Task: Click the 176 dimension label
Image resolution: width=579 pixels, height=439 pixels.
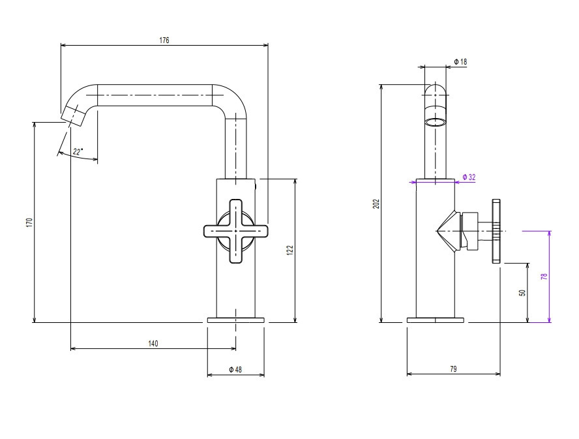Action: (x=164, y=40)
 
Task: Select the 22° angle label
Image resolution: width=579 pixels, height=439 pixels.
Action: (x=78, y=151)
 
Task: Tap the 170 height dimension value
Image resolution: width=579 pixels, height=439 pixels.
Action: (x=29, y=222)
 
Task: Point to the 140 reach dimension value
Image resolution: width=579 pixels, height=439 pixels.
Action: (x=153, y=344)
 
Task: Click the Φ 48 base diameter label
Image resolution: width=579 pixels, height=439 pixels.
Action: (x=235, y=369)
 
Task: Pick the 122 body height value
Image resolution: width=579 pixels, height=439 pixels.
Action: (x=290, y=250)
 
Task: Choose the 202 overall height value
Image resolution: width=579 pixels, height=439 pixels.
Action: (x=376, y=204)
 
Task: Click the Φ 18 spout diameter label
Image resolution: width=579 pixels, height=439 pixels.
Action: (x=460, y=62)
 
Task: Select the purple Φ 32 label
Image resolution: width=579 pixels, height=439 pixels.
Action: (x=469, y=177)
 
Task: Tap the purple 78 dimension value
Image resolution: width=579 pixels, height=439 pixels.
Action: (x=544, y=277)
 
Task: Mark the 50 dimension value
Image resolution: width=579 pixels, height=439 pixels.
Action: (x=522, y=293)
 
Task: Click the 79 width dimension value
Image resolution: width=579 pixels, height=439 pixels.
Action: (x=453, y=369)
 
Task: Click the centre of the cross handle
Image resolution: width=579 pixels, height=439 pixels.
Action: (x=235, y=232)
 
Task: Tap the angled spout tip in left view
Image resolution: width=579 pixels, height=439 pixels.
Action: (x=73, y=115)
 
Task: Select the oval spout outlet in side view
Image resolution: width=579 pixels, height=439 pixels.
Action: (x=436, y=123)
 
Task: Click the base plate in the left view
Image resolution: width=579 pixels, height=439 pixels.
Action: (x=236, y=320)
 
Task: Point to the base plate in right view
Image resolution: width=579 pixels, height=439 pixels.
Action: (x=436, y=320)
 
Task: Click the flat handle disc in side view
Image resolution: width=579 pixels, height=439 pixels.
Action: (x=496, y=232)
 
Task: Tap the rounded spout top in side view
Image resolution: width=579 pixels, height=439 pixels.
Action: (x=436, y=89)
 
